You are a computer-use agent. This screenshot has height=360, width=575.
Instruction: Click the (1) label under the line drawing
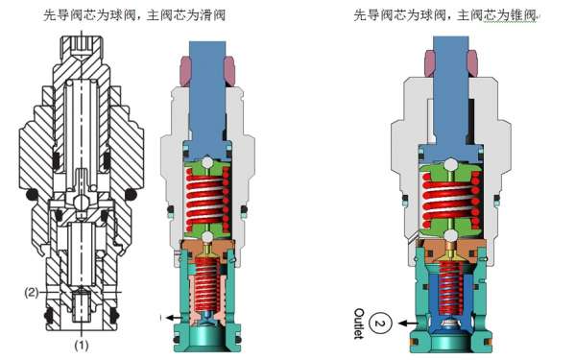tap(83, 342)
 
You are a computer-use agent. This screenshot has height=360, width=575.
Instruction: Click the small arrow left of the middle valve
tap(168, 316)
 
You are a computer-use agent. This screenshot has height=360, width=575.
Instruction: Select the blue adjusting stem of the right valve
tap(449, 96)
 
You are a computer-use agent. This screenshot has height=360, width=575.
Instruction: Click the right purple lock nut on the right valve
tap(474, 63)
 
